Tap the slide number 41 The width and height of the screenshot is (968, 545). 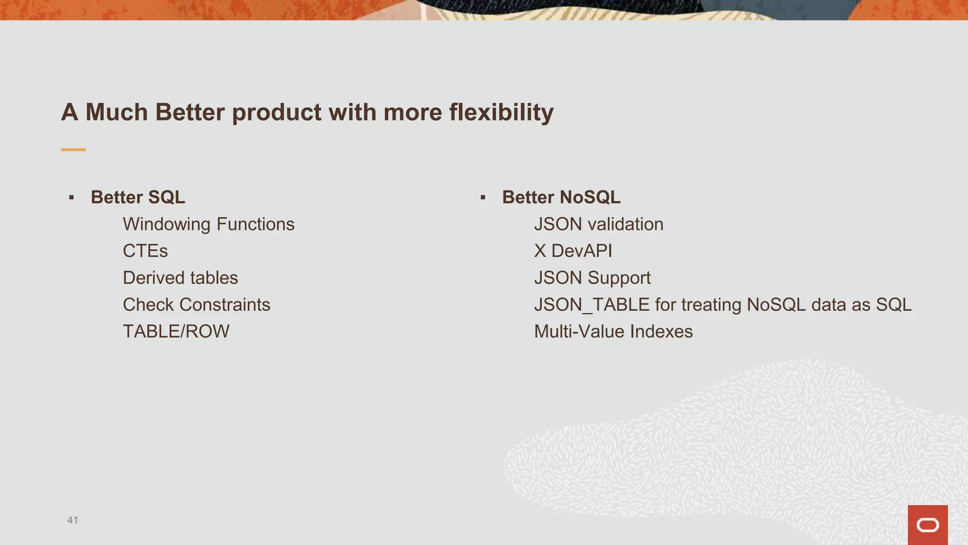tap(72, 520)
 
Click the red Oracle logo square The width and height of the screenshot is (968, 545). tap(927, 525)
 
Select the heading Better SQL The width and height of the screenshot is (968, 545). tap(138, 197)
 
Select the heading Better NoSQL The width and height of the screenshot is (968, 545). tap(561, 197)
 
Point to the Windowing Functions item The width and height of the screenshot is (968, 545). tap(208, 224)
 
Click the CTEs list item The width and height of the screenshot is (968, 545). tap(145, 251)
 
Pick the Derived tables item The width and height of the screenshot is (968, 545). tap(180, 278)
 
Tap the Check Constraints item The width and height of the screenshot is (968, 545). tap(196, 305)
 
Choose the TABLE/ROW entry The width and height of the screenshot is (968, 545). tap(176, 332)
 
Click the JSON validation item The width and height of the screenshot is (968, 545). tap(598, 224)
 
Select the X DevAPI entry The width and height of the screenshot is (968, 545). tap(573, 251)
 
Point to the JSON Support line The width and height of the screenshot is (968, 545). tap(592, 278)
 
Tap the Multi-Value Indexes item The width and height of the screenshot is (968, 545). tap(613, 332)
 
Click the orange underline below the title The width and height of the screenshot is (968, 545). tap(73, 149)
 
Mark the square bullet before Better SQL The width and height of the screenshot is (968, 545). tap(71, 198)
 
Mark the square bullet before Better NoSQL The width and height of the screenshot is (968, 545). tap(483, 198)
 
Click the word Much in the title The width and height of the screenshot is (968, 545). tap(116, 113)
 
